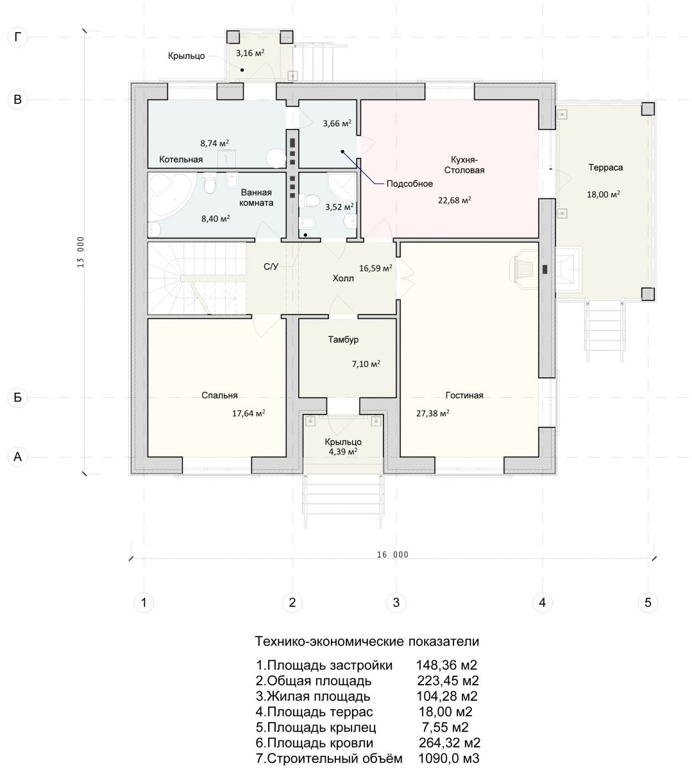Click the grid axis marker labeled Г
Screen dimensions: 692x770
point(18,37)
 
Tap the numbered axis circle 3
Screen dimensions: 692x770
point(396,602)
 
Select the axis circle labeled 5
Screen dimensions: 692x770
point(648,602)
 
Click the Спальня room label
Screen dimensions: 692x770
point(219,395)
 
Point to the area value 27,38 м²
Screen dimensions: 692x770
point(433,413)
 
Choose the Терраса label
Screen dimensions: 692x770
point(605,167)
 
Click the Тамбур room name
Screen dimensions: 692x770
point(343,339)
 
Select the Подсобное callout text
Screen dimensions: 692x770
point(410,184)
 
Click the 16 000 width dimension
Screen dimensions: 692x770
point(392,554)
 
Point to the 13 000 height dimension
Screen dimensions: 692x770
point(81,252)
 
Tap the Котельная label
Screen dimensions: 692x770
point(181,159)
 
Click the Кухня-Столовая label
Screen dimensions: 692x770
point(464,165)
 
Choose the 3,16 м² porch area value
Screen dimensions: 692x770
point(250,53)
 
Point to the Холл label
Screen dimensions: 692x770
point(343,278)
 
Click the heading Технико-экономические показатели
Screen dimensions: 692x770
point(367,642)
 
